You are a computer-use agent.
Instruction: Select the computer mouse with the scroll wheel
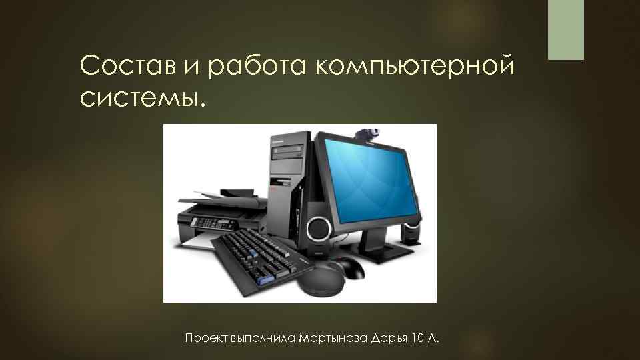pos(350,268)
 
